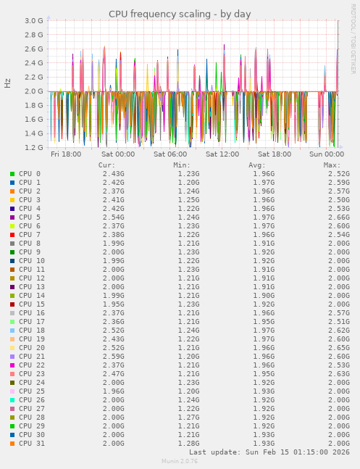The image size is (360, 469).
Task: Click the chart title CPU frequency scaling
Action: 180,14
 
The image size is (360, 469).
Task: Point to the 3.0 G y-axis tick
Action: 34,21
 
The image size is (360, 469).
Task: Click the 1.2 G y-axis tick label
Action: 34,147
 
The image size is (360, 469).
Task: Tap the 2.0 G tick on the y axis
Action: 34,91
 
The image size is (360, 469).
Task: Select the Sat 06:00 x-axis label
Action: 170,154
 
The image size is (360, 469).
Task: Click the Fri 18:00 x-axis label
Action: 66,154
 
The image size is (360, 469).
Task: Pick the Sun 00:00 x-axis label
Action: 327,154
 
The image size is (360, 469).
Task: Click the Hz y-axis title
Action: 8,83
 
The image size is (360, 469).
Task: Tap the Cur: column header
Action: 106,165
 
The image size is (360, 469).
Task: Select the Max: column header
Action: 332,165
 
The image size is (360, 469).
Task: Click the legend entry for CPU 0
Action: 30,174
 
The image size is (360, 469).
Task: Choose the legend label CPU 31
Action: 32,443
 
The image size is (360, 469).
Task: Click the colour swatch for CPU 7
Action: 12,235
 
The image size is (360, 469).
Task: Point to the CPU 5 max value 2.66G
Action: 338,217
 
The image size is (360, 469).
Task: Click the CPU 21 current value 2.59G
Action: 113,356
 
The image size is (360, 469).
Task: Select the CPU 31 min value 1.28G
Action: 188,443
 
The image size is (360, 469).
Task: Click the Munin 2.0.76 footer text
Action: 180,461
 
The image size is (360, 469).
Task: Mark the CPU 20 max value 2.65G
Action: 338,347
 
